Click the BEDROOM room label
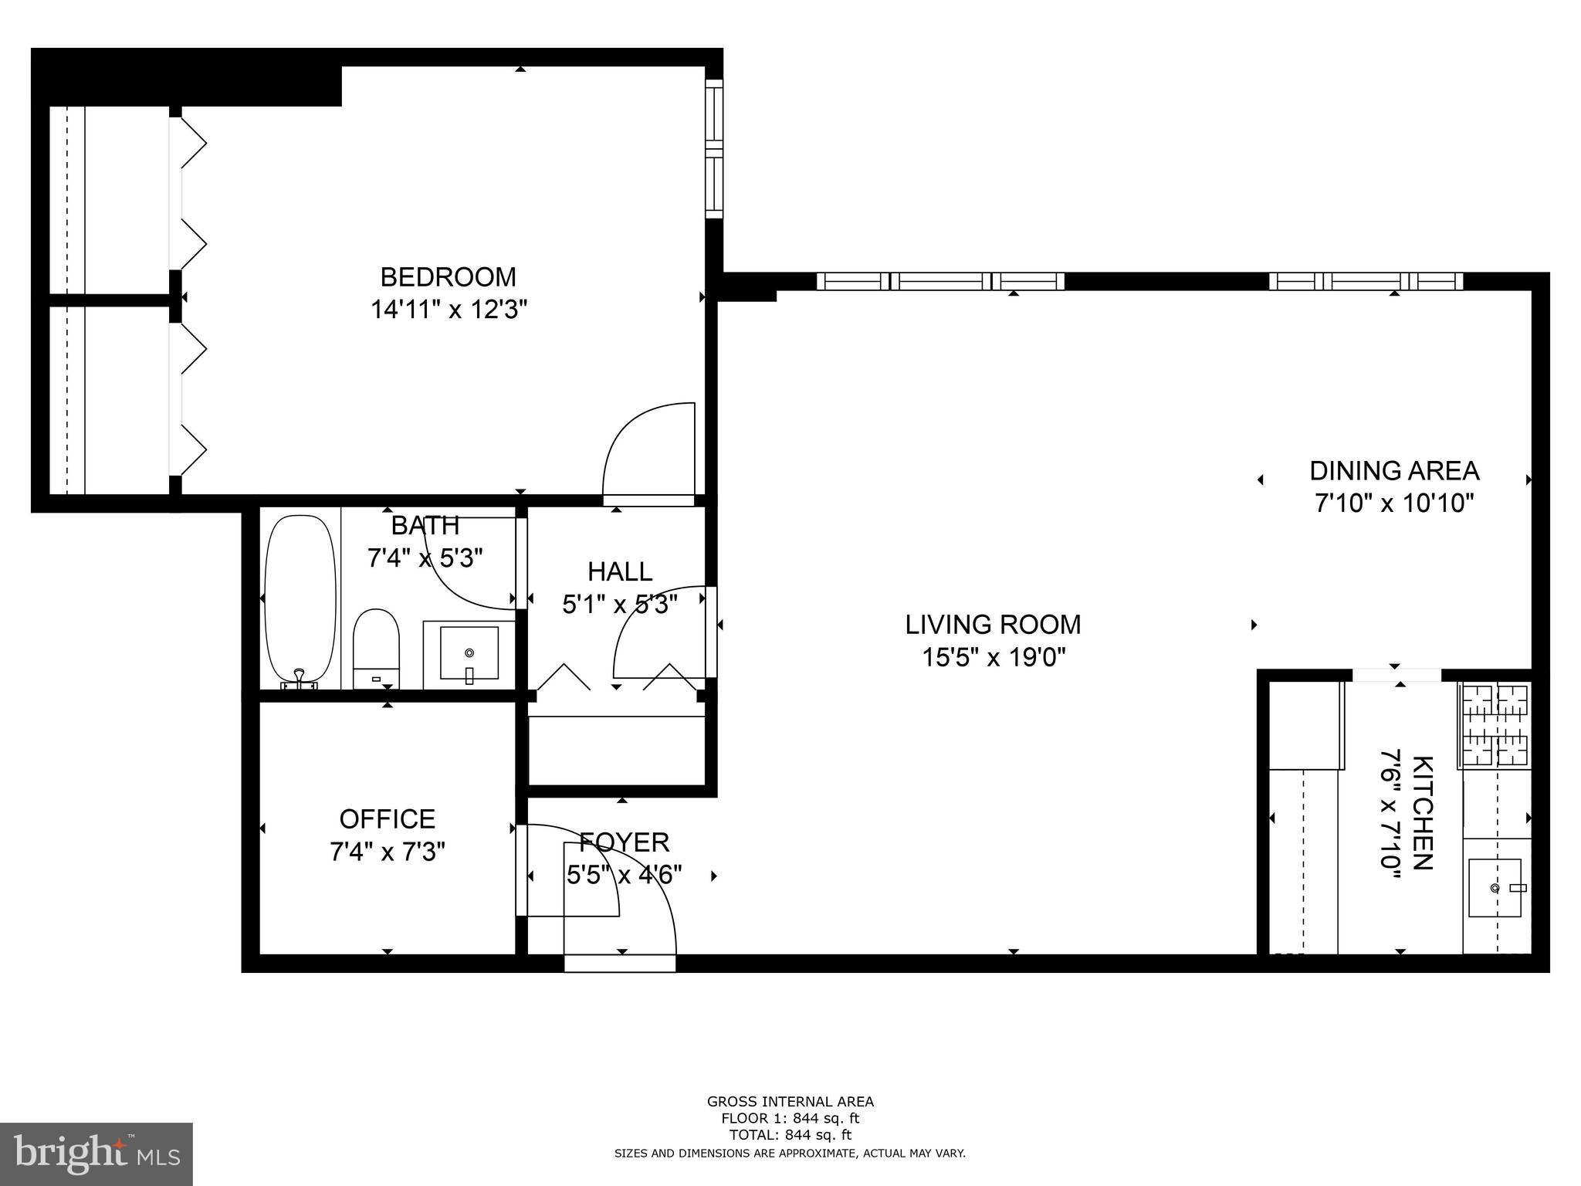pyautogui.click(x=448, y=276)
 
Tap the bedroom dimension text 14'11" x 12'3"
pyautogui.click(x=449, y=310)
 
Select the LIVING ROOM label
pyautogui.click(x=993, y=625)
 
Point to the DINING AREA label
pyautogui.click(x=1394, y=471)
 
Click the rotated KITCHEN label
pyautogui.click(x=1423, y=812)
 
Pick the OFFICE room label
pyautogui.click(x=388, y=818)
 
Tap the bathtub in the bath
pyautogui.click(x=300, y=598)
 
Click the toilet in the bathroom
pyautogui.click(x=376, y=647)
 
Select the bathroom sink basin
pyautogui.click(x=469, y=653)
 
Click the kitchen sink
pyautogui.click(x=1495, y=888)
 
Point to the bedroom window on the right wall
pyautogui.click(x=715, y=148)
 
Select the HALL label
pyautogui.click(x=620, y=572)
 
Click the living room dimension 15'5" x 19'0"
pyautogui.click(x=994, y=658)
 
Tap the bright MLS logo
pyautogui.click(x=96, y=1154)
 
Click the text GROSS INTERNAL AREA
pyautogui.click(x=790, y=1102)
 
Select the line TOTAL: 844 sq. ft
pyautogui.click(x=790, y=1135)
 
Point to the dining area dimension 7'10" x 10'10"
pyautogui.click(x=1394, y=503)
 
